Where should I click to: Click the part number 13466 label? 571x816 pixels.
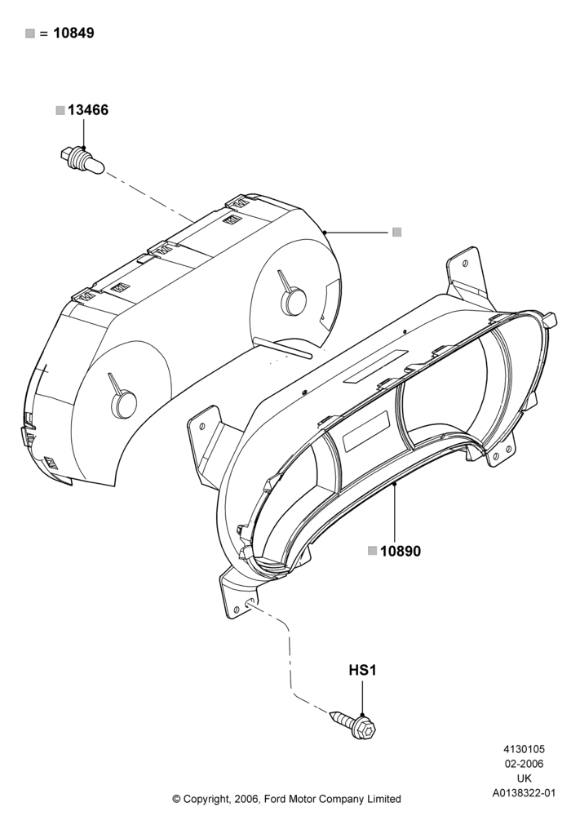pos(88,110)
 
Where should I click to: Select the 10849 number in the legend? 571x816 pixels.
pos(74,33)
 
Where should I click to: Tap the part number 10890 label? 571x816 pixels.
pos(401,551)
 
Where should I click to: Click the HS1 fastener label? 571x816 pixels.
pos(362,670)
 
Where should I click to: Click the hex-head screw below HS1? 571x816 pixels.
pos(354,725)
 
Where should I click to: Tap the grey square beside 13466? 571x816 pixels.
pos(60,110)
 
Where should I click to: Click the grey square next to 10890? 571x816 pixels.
pos(372,551)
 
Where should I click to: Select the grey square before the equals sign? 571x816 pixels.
pos(30,33)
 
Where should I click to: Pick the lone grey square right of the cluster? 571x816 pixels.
pos(396,232)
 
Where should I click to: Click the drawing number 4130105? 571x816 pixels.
pos(524,749)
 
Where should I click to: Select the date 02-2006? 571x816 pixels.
pos(524,764)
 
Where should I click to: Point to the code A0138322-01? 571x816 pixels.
pos(524,793)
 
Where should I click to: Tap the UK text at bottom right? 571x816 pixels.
pos(525,778)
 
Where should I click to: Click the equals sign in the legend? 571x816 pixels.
pos(44,33)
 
